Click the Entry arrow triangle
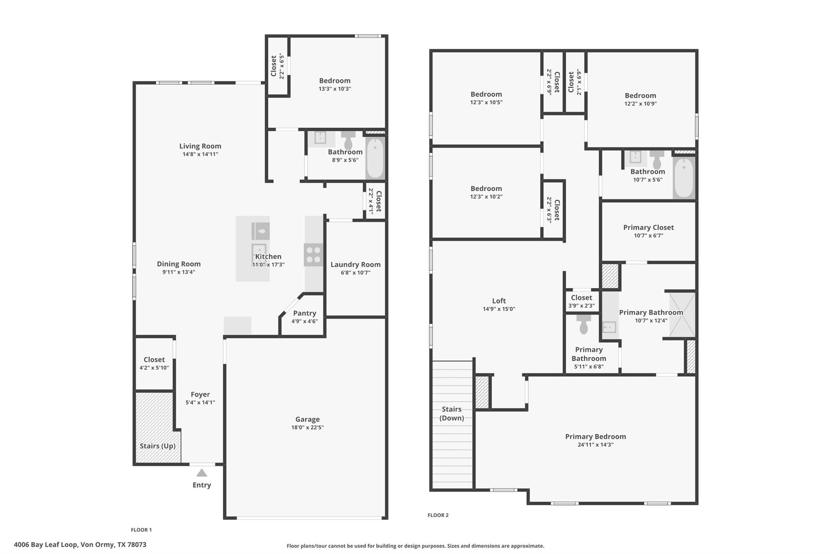tap(202, 473)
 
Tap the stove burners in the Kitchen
tap(313, 255)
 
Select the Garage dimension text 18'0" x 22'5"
tap(307, 427)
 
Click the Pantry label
tap(304, 313)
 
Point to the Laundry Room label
tap(355, 265)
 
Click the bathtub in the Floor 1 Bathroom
tap(375, 158)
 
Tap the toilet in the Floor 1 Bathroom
tap(348, 140)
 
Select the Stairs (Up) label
tap(157, 446)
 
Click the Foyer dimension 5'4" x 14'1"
tap(200, 403)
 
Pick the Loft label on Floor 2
tap(499, 301)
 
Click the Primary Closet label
tap(648, 228)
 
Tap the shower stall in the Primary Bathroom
tap(682, 315)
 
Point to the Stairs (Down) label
tap(452, 414)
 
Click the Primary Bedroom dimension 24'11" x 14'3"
tap(595, 445)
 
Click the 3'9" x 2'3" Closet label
tap(581, 298)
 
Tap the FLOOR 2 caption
tap(438, 515)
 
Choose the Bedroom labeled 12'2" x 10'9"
tap(640, 96)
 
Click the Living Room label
tap(200, 146)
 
